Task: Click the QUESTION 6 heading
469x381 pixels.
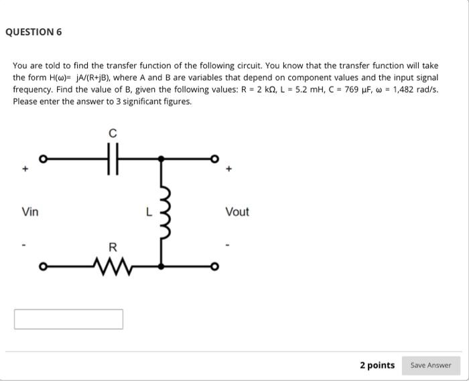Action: pos(33,32)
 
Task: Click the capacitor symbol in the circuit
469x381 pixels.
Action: pos(113,160)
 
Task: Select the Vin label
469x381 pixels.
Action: pos(30,212)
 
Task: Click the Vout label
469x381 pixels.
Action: pos(237,212)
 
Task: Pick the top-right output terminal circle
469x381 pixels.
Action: pos(215,160)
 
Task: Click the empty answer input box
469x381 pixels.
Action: pos(68,319)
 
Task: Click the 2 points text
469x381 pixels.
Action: pos(377,365)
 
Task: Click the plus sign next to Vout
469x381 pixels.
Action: pos(230,170)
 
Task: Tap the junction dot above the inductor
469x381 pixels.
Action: pos(161,160)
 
